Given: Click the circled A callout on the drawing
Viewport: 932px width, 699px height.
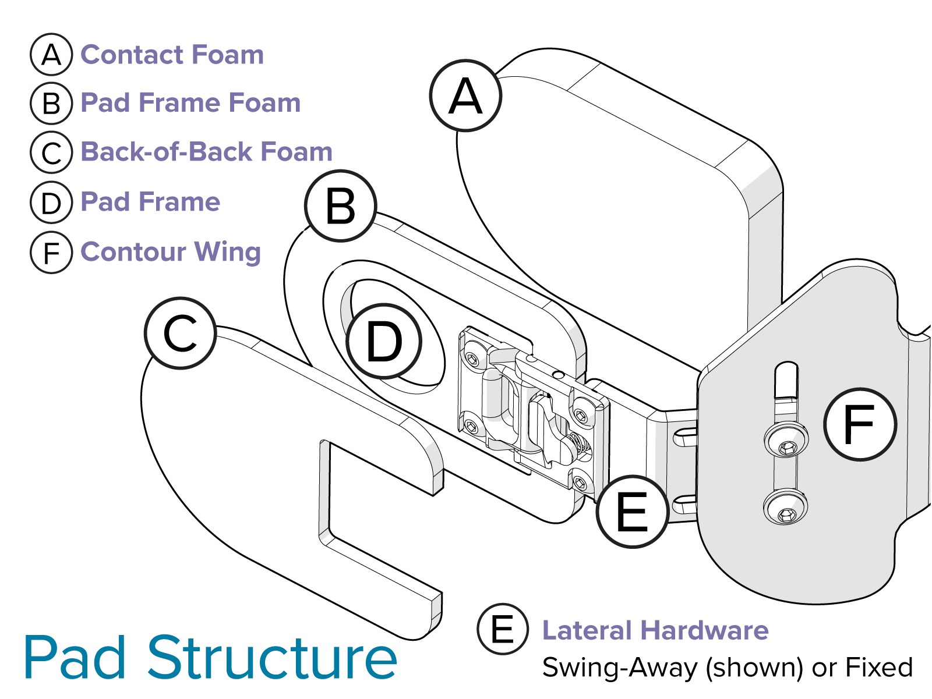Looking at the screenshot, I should click(465, 96).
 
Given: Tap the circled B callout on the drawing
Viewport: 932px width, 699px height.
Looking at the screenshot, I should click(341, 206).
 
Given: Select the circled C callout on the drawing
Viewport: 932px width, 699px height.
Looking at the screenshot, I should click(181, 333).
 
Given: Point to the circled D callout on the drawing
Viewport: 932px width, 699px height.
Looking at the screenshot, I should click(384, 342).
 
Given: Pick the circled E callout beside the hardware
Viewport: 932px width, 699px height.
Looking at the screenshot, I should click(632, 512).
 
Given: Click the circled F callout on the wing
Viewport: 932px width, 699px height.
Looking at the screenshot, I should click(860, 424).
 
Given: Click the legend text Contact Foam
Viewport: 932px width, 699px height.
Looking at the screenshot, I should click(172, 55).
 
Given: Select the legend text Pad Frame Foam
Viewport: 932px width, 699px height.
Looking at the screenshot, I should click(190, 103).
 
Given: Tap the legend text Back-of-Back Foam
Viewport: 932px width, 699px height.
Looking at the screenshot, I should click(206, 152).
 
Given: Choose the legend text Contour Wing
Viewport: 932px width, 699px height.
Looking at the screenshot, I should click(171, 252).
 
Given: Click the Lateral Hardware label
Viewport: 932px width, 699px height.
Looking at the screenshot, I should click(655, 630).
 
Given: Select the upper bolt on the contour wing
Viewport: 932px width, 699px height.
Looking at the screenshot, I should click(786, 441).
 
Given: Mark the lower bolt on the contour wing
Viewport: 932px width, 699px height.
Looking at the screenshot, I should click(786, 507).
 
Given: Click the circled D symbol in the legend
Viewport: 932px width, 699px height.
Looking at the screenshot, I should click(51, 203).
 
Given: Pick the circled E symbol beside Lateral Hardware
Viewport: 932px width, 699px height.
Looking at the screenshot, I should click(503, 629).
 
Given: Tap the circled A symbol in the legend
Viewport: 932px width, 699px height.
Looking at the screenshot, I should click(51, 55).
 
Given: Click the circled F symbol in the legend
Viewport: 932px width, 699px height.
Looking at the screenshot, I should click(51, 253).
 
